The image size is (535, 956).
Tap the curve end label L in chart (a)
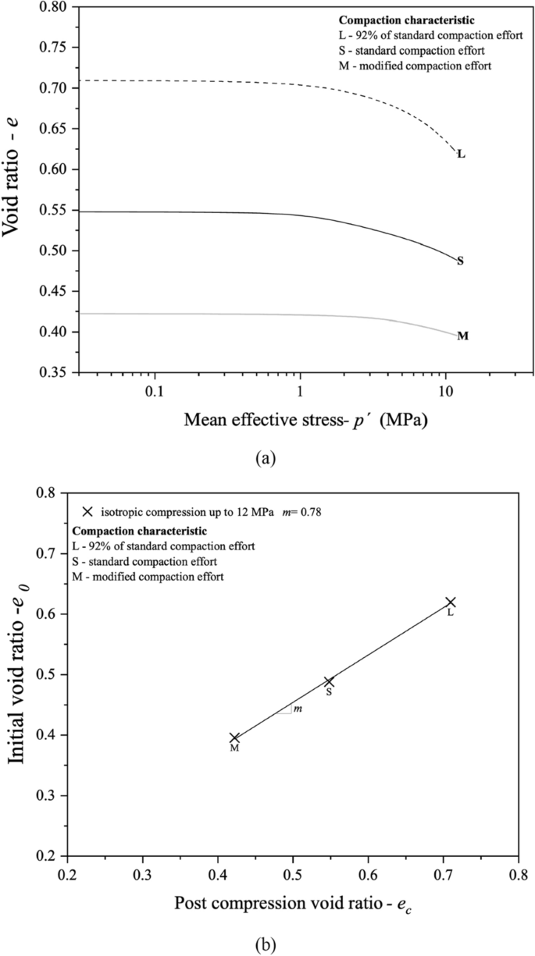[461, 154]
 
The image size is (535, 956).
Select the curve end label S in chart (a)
[460, 261]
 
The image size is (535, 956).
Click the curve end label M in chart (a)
[462, 336]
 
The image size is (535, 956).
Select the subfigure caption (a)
[266, 458]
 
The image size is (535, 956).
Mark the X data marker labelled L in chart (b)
[450, 602]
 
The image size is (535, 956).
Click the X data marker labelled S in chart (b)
[329, 682]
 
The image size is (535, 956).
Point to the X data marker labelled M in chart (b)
[234, 737]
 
